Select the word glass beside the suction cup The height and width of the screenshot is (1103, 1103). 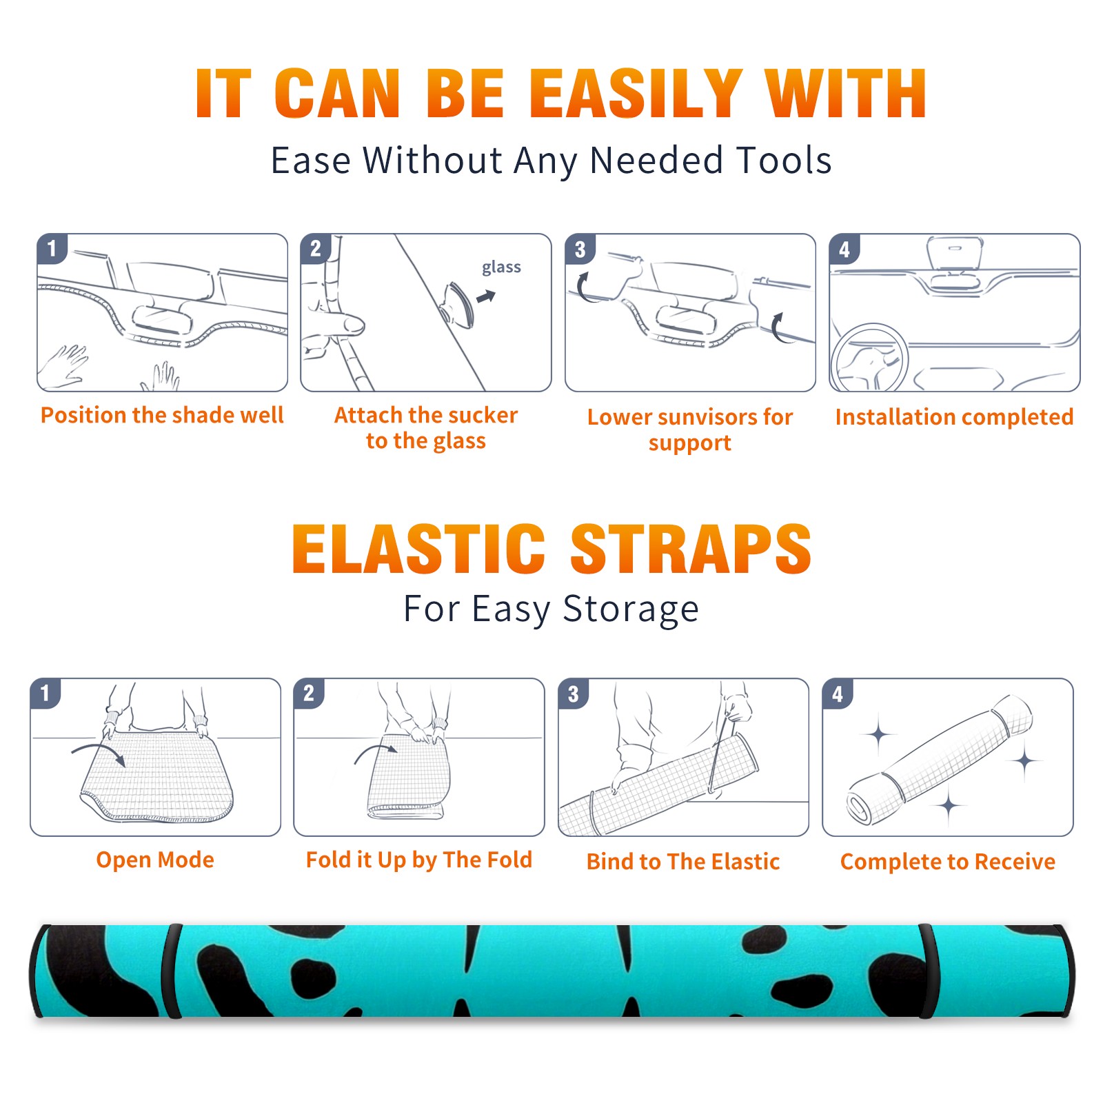[x=501, y=267]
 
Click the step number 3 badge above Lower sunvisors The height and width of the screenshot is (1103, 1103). [x=580, y=250]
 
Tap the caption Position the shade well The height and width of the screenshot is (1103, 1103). [x=162, y=415]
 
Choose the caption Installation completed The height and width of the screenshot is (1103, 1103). [x=954, y=417]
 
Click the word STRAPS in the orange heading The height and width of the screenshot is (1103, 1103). [x=691, y=549]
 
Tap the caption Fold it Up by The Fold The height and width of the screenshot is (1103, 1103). [x=419, y=860]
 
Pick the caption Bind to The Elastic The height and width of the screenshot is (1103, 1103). [x=683, y=862]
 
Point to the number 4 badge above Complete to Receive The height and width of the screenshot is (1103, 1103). [x=838, y=694]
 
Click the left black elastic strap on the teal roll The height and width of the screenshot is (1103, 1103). [x=172, y=971]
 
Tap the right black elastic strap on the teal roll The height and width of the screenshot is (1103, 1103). [x=927, y=971]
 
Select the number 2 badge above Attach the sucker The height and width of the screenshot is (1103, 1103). [x=316, y=249]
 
